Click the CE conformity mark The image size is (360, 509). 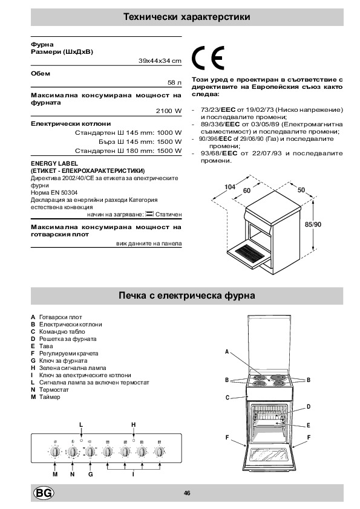click(x=208, y=58)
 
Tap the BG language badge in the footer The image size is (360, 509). click(x=44, y=493)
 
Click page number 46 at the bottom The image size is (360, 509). click(x=187, y=493)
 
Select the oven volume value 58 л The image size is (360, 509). click(x=174, y=82)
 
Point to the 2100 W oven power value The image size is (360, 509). click(x=169, y=111)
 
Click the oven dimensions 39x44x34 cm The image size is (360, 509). click(x=160, y=60)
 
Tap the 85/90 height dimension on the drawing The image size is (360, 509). click(x=313, y=224)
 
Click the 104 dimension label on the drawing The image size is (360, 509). click(x=230, y=187)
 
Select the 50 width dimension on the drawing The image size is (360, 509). click(x=301, y=190)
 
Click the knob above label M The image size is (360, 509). click(x=55, y=452)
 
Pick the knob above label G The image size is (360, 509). click(x=90, y=452)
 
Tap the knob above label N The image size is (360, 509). click(x=73, y=452)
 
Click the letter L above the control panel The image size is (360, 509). click(x=81, y=424)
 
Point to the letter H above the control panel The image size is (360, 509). click(x=134, y=424)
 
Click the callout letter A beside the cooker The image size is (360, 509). click(x=227, y=352)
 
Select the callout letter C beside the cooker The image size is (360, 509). click(x=227, y=398)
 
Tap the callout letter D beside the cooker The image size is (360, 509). click(x=309, y=407)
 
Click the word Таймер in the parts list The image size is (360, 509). click(x=50, y=397)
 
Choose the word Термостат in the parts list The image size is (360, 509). click(x=54, y=389)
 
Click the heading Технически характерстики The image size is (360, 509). click(x=187, y=17)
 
